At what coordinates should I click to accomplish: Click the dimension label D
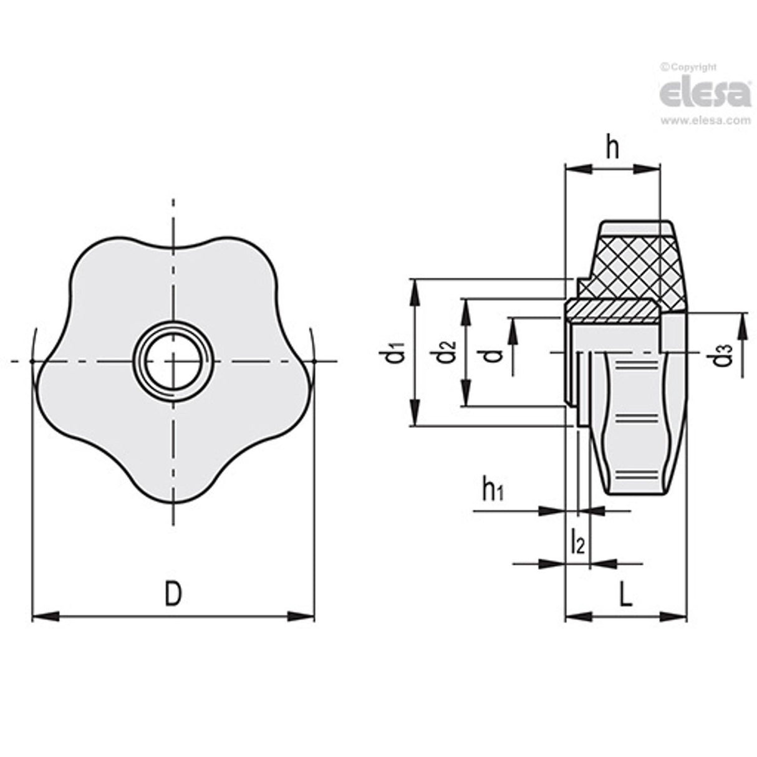tap(173, 593)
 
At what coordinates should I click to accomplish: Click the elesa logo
tap(705, 94)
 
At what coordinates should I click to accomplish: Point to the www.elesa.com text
tap(705, 121)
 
